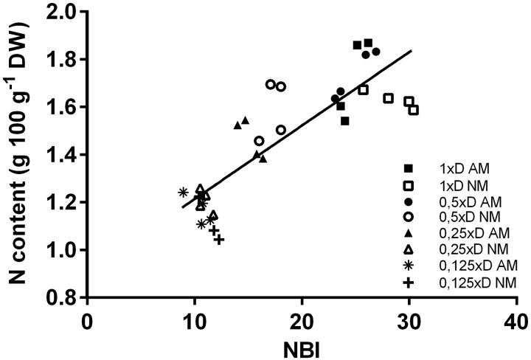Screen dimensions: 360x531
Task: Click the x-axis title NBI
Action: pos(302,346)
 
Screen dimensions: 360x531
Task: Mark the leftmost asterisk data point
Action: pos(184,193)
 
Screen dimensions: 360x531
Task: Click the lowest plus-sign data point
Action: pos(219,239)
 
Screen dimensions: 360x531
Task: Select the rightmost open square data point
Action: pos(414,110)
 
